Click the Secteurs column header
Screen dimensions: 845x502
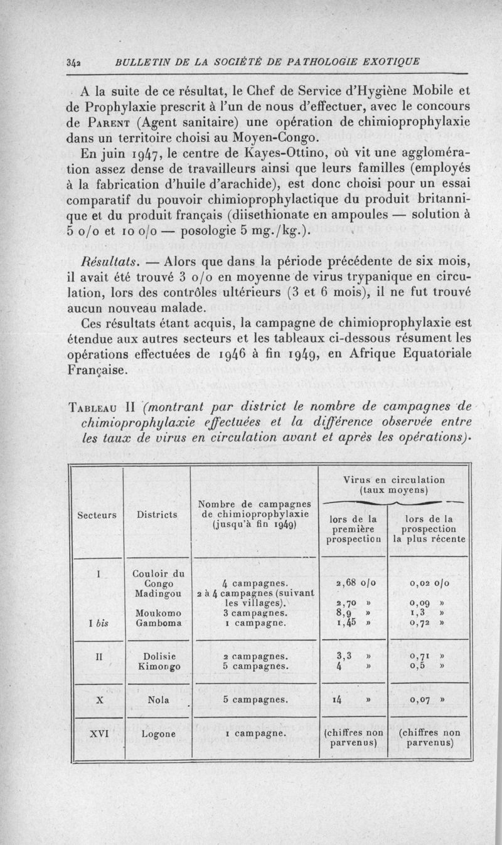pos(97,515)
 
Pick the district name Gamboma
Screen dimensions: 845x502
pos(155,624)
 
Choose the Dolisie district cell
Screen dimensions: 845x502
pos(155,655)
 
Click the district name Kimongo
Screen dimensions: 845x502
pos(156,666)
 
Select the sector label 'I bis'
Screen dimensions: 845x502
pos(100,624)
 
